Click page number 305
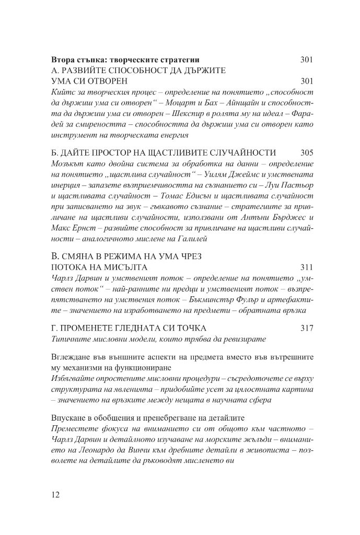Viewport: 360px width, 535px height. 307,153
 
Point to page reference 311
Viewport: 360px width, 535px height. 307,268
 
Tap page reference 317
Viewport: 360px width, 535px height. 307,328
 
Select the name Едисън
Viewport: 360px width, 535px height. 188,199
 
